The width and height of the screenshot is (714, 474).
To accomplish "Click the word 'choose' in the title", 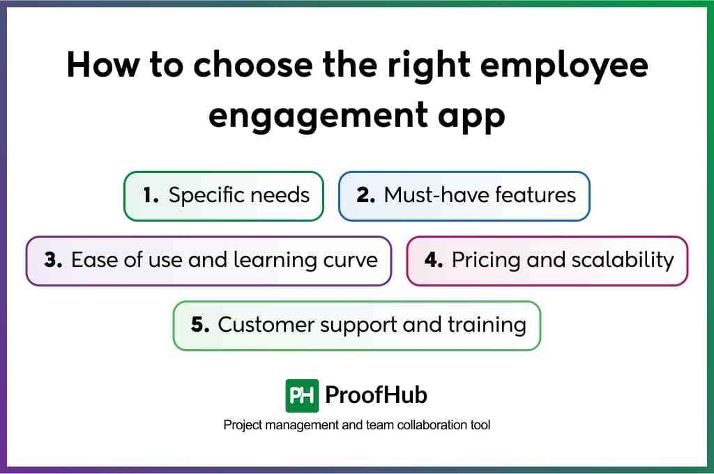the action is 253,64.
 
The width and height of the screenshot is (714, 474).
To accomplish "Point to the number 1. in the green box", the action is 151,195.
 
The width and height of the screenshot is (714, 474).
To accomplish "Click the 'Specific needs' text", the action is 239,196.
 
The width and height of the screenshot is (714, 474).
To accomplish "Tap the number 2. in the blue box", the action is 366,195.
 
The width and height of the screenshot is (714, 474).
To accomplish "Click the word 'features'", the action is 535,195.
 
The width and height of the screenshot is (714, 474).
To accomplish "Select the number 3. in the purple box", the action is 53,260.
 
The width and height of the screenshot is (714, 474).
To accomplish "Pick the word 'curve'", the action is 350,261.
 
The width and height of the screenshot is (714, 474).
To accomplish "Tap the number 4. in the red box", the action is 434,260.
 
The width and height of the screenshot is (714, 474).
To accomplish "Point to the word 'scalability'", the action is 623,261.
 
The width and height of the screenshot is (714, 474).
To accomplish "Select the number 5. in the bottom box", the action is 200,325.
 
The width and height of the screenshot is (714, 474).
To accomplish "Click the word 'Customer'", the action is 266,325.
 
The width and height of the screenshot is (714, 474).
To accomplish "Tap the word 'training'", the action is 487,326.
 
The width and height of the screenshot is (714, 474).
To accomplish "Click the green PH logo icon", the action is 302,396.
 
